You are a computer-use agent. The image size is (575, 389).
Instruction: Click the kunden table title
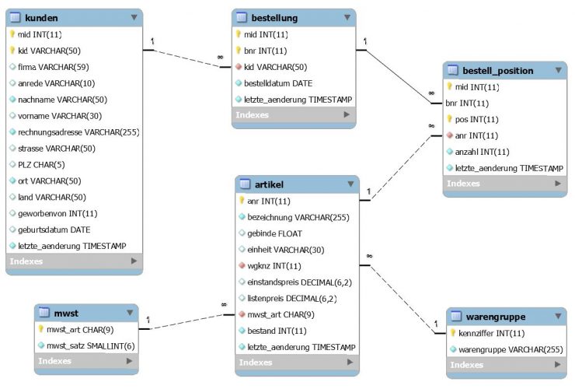click(41, 16)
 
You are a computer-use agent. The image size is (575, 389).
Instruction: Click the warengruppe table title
click(498, 317)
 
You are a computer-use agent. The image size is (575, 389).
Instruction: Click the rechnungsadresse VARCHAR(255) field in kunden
click(78, 132)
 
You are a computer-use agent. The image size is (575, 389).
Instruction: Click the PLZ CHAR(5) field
click(40, 165)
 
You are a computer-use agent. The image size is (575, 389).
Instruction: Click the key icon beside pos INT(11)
click(449, 119)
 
